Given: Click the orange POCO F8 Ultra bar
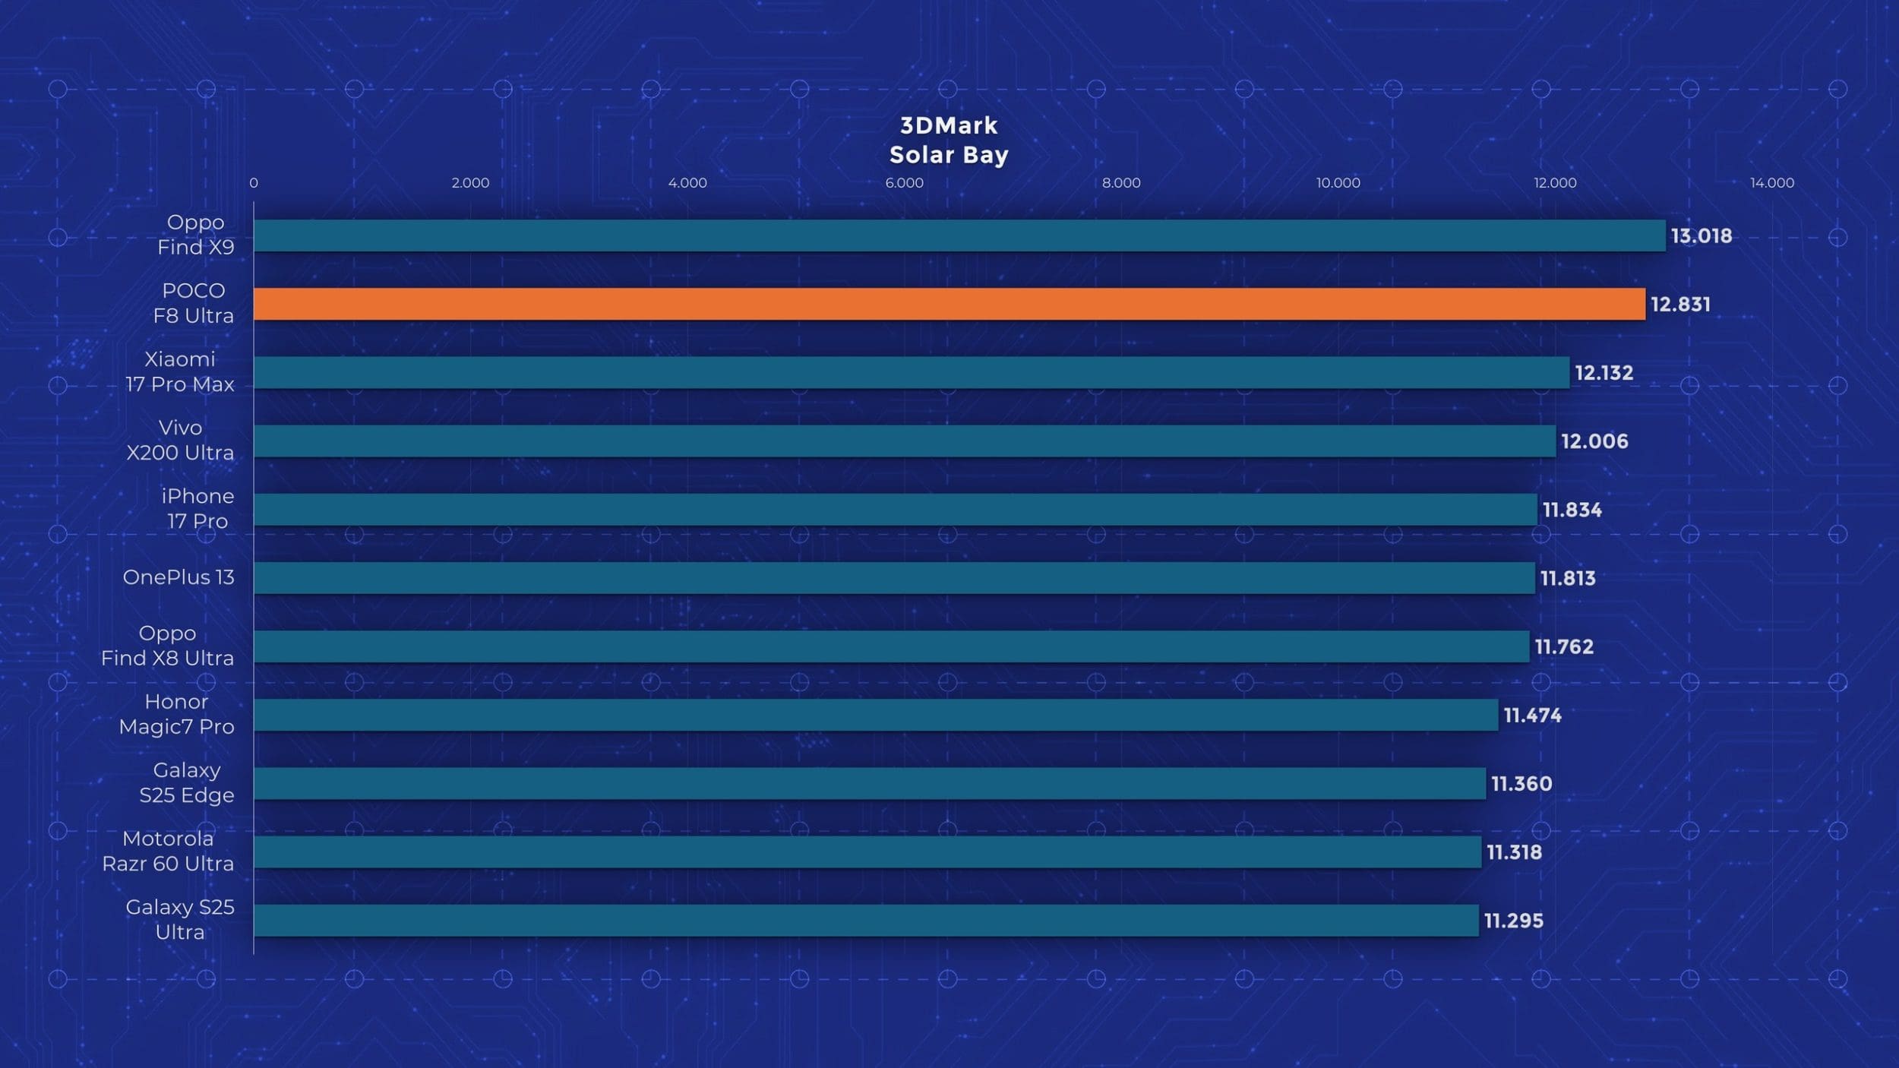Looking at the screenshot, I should tap(949, 304).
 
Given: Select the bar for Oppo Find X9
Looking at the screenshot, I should tap(959, 235).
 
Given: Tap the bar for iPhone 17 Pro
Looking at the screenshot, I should tap(895, 510).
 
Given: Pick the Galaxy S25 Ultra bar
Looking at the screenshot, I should tap(866, 921).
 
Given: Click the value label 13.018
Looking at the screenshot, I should tap(1701, 236).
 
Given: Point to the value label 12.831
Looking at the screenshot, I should tap(1680, 305).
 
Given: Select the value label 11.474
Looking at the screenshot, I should tap(1532, 716).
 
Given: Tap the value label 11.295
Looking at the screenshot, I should tap(1513, 921).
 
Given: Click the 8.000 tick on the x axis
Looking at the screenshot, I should tap(1121, 183).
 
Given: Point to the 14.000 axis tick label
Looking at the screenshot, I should tap(1771, 183).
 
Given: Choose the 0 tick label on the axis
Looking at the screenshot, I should tap(254, 183).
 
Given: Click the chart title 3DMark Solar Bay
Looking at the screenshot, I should tap(949, 141).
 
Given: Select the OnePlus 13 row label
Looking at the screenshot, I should tap(179, 577).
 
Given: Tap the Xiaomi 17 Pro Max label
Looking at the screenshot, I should tap(180, 371).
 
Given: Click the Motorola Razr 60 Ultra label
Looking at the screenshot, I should tap(168, 851).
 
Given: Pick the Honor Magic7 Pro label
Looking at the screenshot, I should tap(176, 714).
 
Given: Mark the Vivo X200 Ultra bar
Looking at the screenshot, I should tap(904, 441).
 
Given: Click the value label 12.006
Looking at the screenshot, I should tap(1594, 441).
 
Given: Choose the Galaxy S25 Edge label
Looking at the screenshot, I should tap(187, 782).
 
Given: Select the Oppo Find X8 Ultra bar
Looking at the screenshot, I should tap(891, 646).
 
